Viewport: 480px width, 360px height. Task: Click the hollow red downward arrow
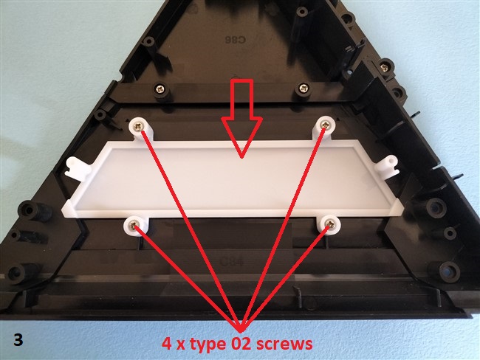pyautogui.click(x=241, y=120)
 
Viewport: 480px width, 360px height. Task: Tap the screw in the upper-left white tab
pyautogui.click(x=139, y=125)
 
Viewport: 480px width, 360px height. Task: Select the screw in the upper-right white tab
pyautogui.click(x=324, y=125)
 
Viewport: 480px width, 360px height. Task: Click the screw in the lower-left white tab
pyautogui.click(x=133, y=226)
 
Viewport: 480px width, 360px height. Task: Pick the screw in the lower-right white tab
pyautogui.click(x=330, y=225)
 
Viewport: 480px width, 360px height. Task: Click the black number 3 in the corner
pyautogui.click(x=18, y=339)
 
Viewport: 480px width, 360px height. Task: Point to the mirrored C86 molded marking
pyautogui.click(x=235, y=40)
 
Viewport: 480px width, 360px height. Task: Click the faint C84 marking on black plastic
pyautogui.click(x=232, y=262)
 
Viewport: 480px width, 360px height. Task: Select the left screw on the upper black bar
pyautogui.click(x=160, y=89)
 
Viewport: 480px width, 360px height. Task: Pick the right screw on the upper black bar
pyautogui.click(x=303, y=89)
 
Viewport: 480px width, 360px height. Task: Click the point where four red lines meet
pyautogui.click(x=241, y=331)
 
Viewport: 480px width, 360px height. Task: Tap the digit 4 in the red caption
pyautogui.click(x=167, y=344)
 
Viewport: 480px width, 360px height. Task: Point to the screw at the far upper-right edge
pyautogui.click(x=383, y=66)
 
